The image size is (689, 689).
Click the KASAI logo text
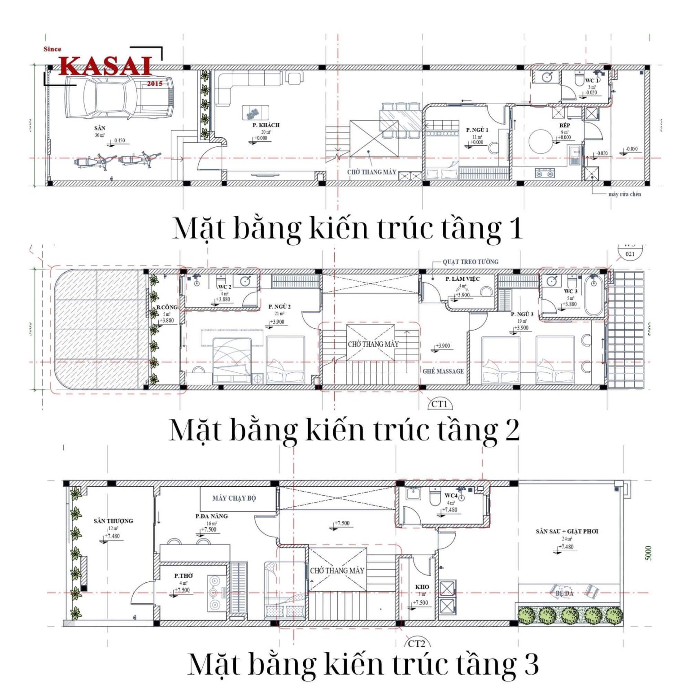coord(106,66)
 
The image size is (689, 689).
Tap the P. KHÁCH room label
coord(266,125)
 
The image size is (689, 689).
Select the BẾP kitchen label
coord(564,125)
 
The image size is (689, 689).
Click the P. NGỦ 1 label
coord(477,130)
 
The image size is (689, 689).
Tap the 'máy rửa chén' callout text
coord(624,194)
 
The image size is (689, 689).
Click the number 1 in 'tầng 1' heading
coord(516,228)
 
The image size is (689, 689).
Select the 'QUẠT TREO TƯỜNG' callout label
coord(470,262)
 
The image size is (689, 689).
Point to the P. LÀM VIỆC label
coord(462,279)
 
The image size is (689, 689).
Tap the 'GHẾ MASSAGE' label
coord(443,371)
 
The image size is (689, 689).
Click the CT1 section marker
coord(439,404)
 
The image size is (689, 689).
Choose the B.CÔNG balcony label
coord(167,307)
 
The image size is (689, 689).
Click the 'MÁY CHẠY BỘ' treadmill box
coord(234,498)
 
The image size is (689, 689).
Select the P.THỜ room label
coord(183,576)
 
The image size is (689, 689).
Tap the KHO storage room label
coord(422,587)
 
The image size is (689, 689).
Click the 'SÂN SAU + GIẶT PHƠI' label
coord(567,532)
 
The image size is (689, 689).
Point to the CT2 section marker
coord(416,644)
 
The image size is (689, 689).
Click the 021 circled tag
coord(630,254)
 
